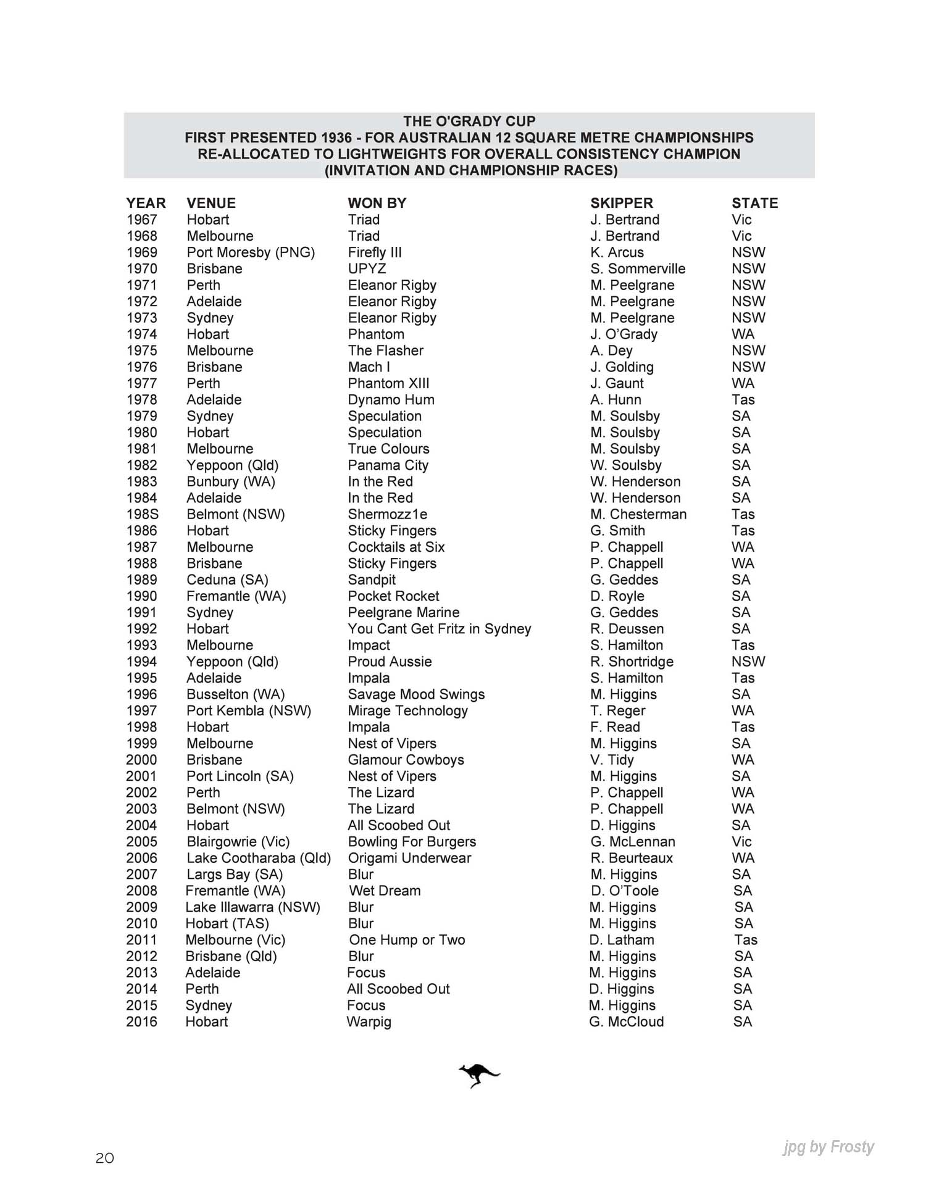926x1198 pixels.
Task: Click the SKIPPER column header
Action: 621,203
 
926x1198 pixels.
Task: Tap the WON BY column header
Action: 377,203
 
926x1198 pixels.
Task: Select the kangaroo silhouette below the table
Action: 478,1076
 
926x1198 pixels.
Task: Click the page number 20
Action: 105,1158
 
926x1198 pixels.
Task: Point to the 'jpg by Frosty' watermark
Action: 828,1147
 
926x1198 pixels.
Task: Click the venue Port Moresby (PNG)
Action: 251,252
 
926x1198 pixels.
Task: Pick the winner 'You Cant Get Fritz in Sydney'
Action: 439,629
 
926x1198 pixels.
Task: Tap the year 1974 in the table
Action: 141,335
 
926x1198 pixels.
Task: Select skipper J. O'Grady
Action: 624,335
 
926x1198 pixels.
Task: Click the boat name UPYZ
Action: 367,269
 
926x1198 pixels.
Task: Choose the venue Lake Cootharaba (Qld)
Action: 259,858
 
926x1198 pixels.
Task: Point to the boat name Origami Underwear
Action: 409,858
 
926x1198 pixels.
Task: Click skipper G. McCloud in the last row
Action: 626,1021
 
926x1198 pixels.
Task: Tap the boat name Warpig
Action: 369,1021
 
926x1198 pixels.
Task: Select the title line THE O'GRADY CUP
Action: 469,121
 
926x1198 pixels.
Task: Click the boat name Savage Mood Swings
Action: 416,694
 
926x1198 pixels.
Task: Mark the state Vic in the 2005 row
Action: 741,842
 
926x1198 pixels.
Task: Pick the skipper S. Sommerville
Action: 638,269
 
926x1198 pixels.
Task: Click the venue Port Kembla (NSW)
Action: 249,711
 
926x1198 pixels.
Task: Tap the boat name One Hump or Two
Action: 407,940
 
